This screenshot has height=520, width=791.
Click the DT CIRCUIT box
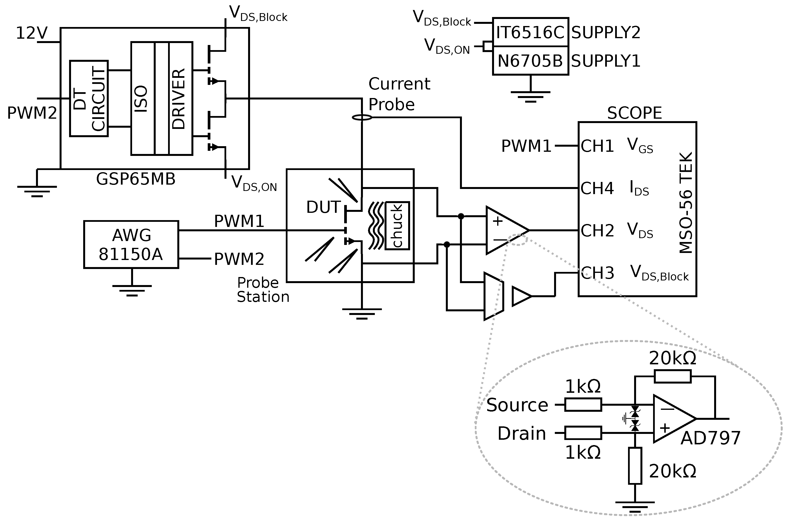(x=89, y=98)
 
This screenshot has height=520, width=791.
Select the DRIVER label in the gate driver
(x=179, y=99)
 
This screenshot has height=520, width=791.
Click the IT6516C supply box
(x=530, y=32)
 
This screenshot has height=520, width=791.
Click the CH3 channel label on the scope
(x=597, y=273)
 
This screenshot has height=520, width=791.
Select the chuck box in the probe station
(x=397, y=226)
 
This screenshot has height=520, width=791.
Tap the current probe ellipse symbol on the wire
(x=362, y=117)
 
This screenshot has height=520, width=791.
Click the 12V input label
(x=32, y=33)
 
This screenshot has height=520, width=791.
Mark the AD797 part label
(x=710, y=438)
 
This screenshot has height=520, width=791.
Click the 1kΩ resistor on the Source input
(x=583, y=405)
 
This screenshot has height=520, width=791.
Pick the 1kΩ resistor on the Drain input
(x=583, y=433)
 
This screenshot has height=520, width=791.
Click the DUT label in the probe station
(x=323, y=207)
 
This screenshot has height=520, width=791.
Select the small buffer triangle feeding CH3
(x=521, y=296)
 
